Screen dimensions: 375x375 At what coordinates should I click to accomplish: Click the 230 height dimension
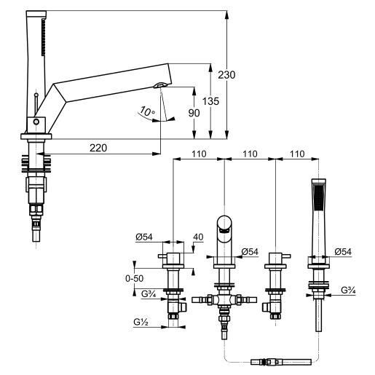pos(226,75)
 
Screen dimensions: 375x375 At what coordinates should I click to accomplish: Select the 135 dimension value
pos(210,101)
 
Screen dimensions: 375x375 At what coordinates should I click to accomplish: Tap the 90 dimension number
pos(194,113)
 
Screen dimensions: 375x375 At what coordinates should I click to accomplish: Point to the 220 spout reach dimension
pos(98,148)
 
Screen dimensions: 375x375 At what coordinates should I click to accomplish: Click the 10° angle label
pos(147,111)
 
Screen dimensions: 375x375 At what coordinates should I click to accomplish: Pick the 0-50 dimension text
pos(134,278)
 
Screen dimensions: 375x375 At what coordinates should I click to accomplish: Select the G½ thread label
pos(141,322)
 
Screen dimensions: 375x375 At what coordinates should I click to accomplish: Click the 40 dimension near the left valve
pos(198,237)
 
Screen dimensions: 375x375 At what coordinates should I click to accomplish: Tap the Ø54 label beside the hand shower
pos(343,252)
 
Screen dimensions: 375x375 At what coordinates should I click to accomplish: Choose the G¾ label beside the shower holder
pos(348,290)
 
